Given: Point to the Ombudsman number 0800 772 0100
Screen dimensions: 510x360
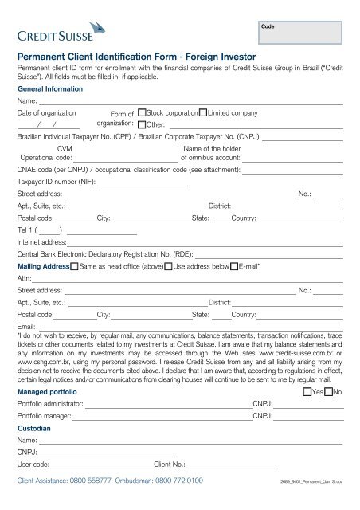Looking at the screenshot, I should [174, 481].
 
